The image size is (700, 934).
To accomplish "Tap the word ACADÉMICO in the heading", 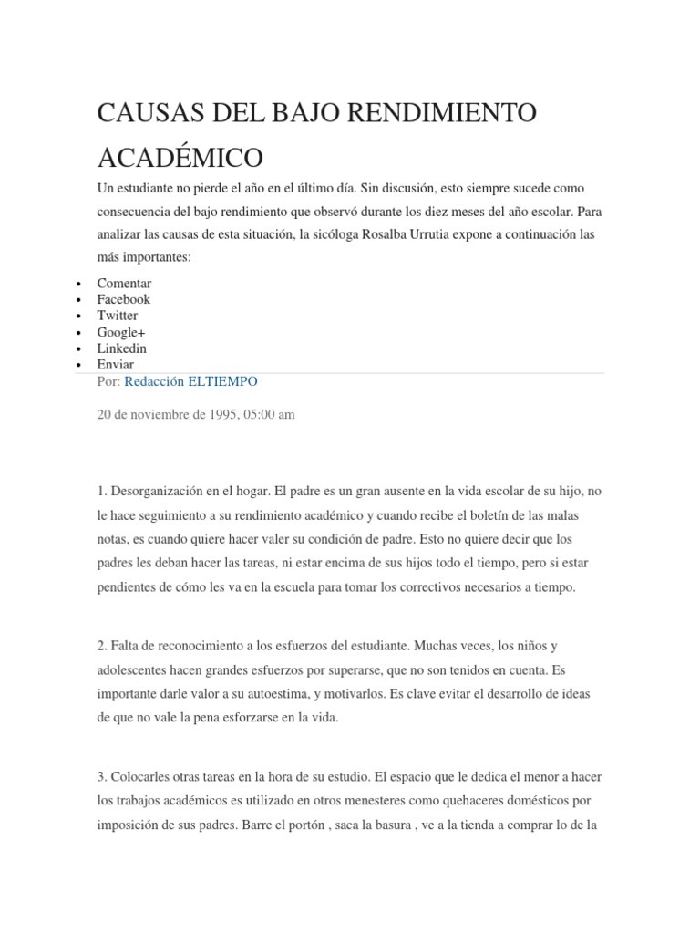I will tap(180, 157).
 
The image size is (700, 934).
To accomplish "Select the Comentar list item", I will tap(124, 283).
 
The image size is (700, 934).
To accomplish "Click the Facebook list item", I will tap(123, 299).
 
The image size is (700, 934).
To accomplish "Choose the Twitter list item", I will tap(118, 316).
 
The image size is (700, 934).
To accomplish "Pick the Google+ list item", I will tap(121, 332).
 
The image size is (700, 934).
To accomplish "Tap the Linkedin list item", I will tap(121, 348).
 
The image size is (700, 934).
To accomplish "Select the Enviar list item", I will tap(116, 365).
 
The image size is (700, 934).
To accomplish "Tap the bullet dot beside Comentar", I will tap(81, 285).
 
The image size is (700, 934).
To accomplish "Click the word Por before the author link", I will tap(108, 381).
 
